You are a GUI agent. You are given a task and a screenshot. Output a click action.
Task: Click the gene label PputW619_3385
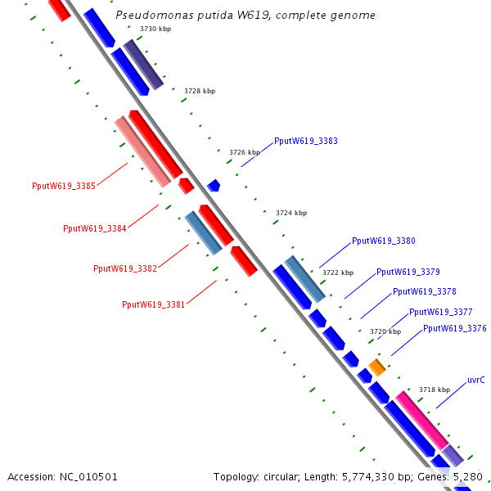(x=64, y=187)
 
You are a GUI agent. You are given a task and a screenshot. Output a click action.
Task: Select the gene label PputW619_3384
(x=94, y=228)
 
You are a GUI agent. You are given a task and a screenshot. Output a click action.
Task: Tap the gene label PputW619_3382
(x=125, y=268)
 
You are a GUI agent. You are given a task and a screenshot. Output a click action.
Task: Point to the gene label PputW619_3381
(x=154, y=304)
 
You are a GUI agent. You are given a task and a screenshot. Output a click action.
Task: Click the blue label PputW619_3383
(x=306, y=141)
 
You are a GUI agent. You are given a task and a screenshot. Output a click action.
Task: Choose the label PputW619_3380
(x=384, y=241)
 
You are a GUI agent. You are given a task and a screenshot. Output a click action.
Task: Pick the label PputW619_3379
(x=408, y=272)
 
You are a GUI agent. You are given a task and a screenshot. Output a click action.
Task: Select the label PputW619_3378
(x=425, y=291)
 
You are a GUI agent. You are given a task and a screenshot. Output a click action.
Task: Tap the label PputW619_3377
(x=441, y=312)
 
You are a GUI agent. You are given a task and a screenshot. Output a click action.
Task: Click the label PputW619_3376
(x=455, y=328)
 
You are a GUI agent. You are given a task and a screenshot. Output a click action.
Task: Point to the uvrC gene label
(x=475, y=380)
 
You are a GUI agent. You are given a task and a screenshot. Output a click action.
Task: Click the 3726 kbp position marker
(x=245, y=152)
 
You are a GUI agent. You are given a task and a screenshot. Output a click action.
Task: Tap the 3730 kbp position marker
(x=155, y=29)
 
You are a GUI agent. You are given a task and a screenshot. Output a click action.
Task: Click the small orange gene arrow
(x=376, y=367)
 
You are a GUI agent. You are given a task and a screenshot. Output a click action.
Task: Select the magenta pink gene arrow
(x=421, y=419)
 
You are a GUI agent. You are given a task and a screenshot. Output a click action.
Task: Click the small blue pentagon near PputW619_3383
(x=214, y=186)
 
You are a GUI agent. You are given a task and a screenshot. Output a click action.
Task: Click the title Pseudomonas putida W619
(x=245, y=15)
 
